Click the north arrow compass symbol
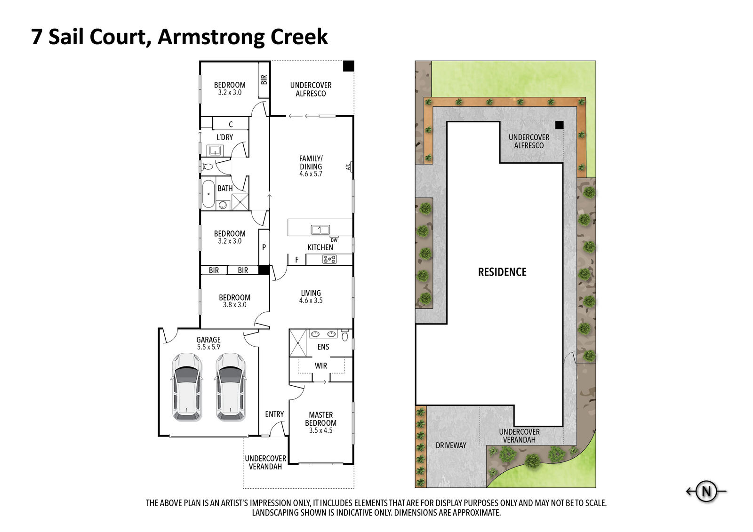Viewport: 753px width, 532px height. click(x=706, y=492)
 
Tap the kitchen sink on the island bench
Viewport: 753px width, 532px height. click(x=320, y=230)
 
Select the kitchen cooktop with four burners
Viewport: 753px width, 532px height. click(x=329, y=259)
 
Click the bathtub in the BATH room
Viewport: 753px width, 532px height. click(x=208, y=194)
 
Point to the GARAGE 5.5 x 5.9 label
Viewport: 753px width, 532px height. click(x=208, y=343)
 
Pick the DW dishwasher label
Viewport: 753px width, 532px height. click(x=334, y=240)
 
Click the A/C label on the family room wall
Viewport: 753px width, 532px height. click(x=348, y=167)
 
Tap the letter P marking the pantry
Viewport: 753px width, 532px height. click(x=264, y=247)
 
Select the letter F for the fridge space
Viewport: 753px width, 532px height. click(x=297, y=260)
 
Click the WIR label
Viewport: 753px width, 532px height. click(x=320, y=365)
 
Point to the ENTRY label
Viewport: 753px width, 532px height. click(x=274, y=414)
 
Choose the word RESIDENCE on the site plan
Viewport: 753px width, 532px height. click(x=502, y=272)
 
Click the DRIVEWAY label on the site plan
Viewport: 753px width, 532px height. click(x=451, y=445)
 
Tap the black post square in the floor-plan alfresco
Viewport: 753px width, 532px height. click(x=349, y=66)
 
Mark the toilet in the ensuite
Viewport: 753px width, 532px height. click(x=345, y=335)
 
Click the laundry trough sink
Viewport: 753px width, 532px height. click(x=215, y=150)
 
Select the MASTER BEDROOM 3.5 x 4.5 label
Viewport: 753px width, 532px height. click(x=320, y=423)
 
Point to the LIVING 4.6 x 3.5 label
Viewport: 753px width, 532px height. click(x=311, y=297)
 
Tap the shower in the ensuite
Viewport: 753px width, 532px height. click(x=298, y=343)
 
